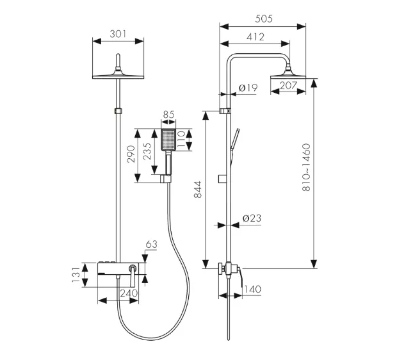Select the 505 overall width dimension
tap(263, 19)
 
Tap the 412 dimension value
tap(255, 37)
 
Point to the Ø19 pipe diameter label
tap(248, 86)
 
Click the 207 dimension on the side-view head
tap(288, 85)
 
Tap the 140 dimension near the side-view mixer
tap(252, 290)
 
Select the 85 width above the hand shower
tap(168, 115)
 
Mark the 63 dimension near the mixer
tap(151, 244)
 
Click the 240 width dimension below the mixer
tap(129, 292)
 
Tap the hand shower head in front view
tap(168, 141)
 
